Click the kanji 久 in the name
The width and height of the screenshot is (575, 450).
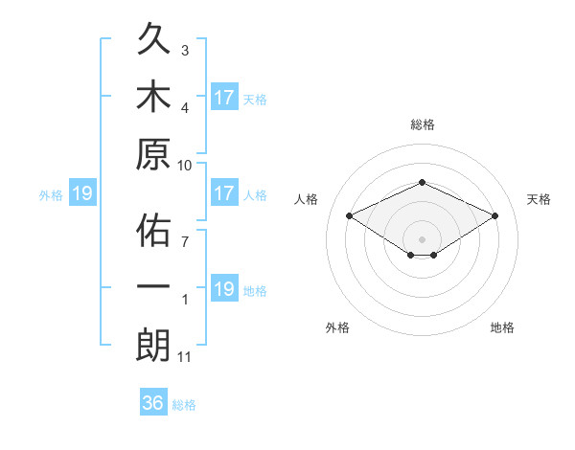click(x=153, y=38)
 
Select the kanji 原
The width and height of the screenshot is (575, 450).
click(x=153, y=154)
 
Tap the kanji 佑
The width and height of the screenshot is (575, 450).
click(x=153, y=230)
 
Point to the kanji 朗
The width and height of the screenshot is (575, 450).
click(x=153, y=346)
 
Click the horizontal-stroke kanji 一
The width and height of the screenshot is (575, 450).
click(x=153, y=286)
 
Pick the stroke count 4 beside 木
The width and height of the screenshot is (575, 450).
click(x=185, y=108)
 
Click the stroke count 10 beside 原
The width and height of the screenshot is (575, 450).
click(x=184, y=166)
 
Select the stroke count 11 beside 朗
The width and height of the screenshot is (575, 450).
click(x=184, y=357)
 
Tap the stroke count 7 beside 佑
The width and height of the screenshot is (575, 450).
click(x=185, y=241)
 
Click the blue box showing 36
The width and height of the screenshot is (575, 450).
click(x=153, y=401)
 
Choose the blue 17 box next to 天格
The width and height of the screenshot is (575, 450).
click(x=225, y=97)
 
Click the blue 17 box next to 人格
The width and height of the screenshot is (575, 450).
click(x=225, y=192)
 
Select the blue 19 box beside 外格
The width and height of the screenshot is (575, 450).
click(x=82, y=192)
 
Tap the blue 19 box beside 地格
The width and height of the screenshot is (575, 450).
click(x=225, y=287)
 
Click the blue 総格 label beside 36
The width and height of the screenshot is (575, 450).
click(x=184, y=405)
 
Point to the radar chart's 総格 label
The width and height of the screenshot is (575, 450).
click(x=423, y=124)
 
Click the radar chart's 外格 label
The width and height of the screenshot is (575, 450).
click(x=337, y=327)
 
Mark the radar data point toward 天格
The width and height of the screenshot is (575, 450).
click(x=494, y=215)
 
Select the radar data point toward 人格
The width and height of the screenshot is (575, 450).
click(x=350, y=215)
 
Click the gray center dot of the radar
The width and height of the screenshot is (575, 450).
click(x=422, y=239)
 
